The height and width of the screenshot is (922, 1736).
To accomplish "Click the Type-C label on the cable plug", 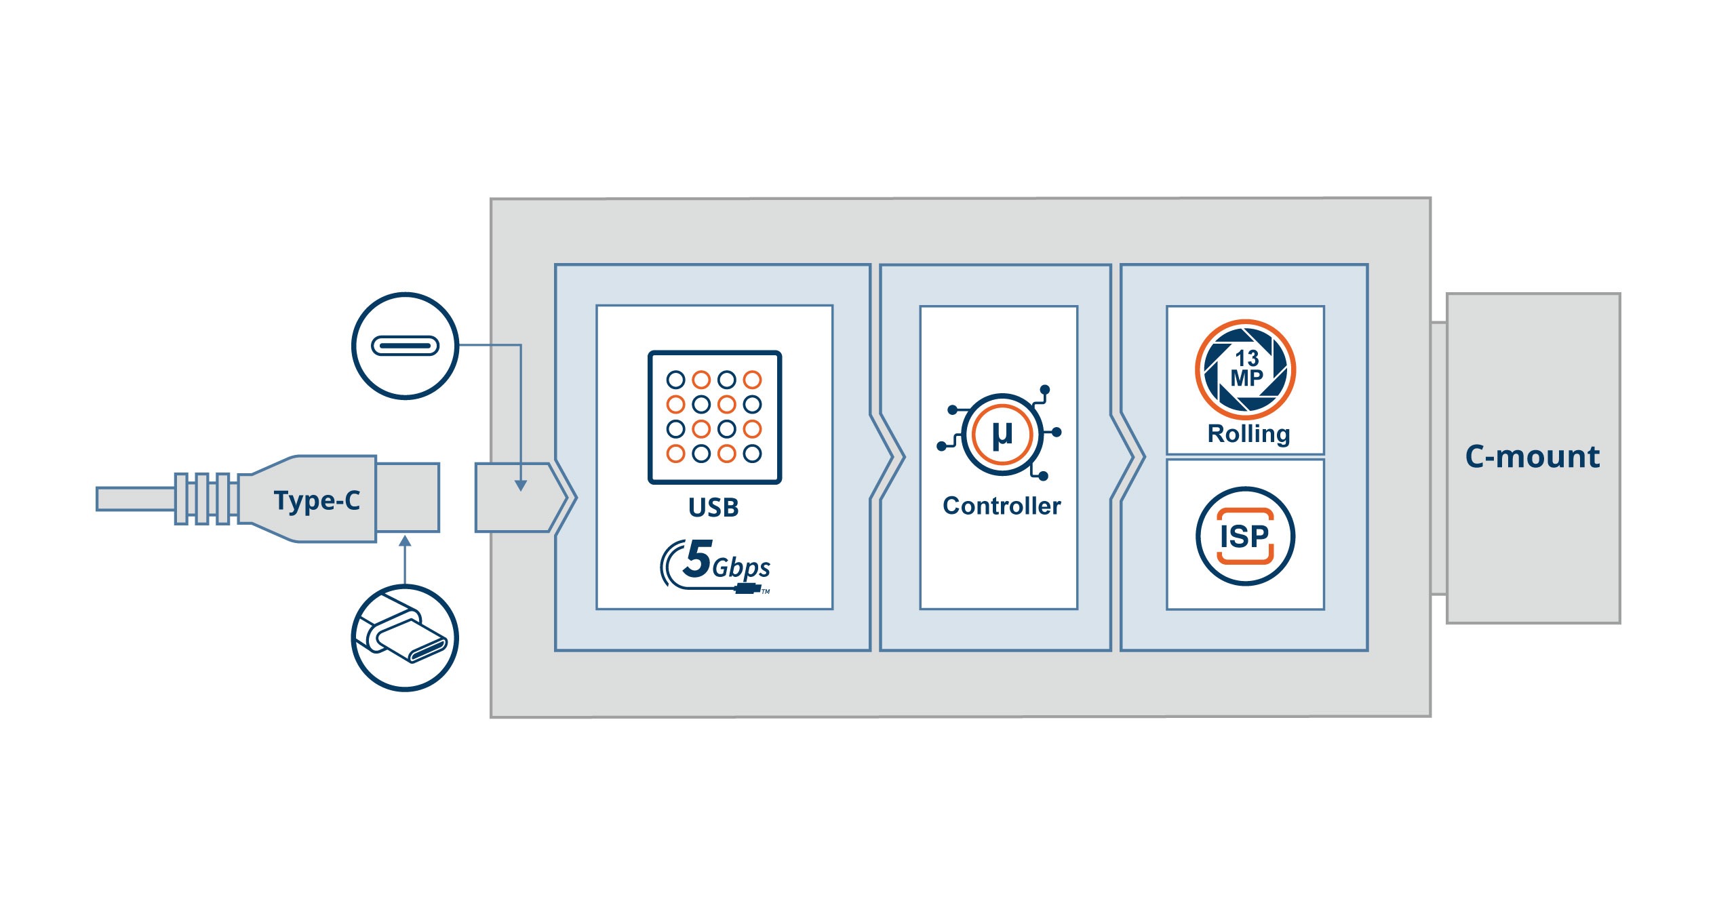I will [x=317, y=500].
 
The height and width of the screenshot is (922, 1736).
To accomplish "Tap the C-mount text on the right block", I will [x=1533, y=457].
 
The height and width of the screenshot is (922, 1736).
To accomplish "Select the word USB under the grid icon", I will [x=713, y=507].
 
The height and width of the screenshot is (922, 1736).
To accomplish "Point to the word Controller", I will [x=1002, y=506].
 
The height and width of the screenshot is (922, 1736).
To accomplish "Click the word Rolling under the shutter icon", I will [x=1248, y=434].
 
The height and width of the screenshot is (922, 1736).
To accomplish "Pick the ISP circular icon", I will [x=1245, y=536].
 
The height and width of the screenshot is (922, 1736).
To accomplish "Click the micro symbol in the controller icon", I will [x=1002, y=434].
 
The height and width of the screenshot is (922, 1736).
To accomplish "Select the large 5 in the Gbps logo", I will [x=697, y=559].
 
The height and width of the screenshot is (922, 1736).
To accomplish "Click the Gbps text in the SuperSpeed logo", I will [x=741, y=567].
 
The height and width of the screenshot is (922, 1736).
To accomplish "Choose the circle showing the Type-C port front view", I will [x=405, y=346].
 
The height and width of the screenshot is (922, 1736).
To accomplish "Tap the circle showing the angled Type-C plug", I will [x=405, y=637].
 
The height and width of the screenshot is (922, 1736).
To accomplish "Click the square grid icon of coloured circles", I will [x=715, y=417].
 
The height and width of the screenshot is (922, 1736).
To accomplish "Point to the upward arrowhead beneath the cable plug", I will [x=405, y=541].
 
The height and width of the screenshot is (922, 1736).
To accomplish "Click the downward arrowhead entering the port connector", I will [x=520, y=485].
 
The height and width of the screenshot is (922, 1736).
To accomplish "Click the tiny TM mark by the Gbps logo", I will [x=766, y=592].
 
